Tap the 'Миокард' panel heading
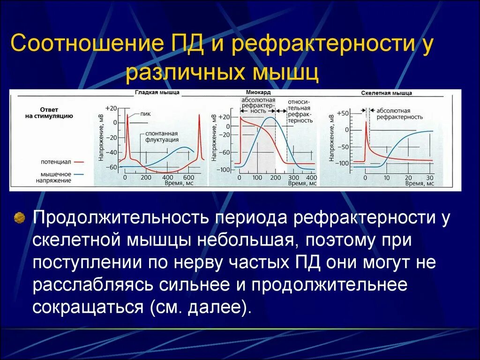point(255,93)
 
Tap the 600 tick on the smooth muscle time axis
point(188,178)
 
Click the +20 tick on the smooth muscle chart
point(111,108)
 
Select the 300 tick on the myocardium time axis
point(293,178)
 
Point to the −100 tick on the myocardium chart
point(225,169)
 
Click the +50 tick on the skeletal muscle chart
point(343,113)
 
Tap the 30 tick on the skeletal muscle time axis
point(430,178)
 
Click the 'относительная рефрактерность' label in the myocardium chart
point(300,110)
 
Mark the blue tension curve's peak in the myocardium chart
point(270,117)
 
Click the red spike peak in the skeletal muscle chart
point(366,121)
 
